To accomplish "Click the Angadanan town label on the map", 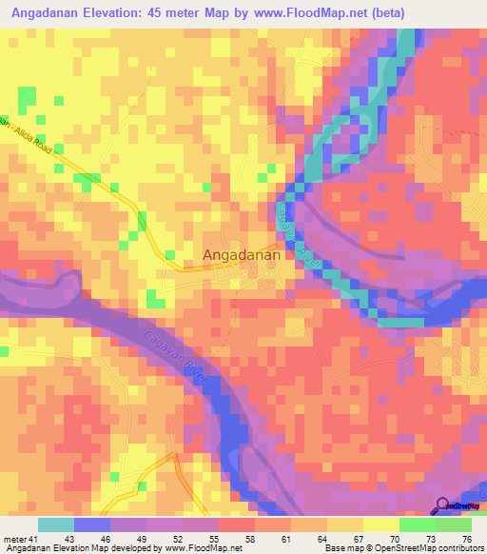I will pos(242,255).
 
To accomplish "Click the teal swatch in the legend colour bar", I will pos(56,524).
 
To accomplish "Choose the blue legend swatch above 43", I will pos(92,524).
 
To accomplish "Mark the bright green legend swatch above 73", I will pos(418,524).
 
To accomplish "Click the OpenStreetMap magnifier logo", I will pos(441,508).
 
